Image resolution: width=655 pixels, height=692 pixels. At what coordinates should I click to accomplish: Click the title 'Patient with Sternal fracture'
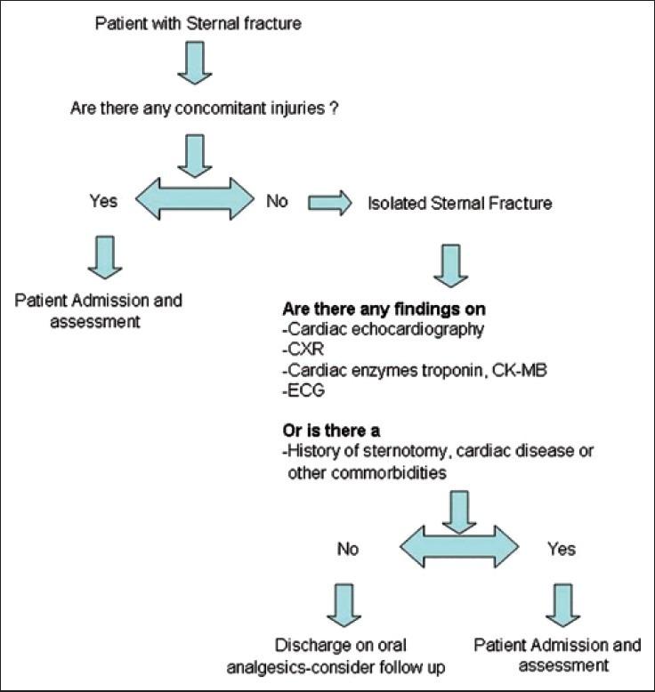[x=198, y=22]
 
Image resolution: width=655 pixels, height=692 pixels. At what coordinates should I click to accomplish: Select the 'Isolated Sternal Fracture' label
[x=460, y=204]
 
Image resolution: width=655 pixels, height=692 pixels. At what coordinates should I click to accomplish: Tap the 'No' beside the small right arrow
[x=278, y=202]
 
